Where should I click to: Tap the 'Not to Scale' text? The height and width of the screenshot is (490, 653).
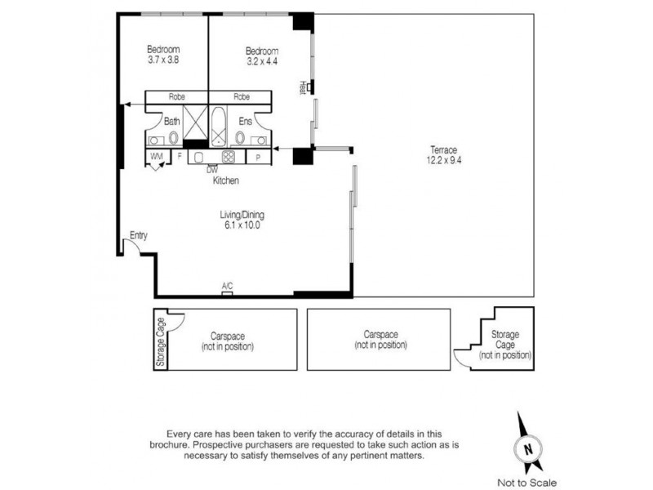(528, 483)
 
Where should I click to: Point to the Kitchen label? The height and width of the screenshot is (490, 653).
(226, 180)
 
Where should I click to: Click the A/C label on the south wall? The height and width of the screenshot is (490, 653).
(227, 286)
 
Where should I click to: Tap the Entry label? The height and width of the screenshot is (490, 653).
(138, 236)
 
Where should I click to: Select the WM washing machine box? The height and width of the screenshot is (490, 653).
(157, 156)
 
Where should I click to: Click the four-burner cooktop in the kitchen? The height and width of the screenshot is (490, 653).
(229, 158)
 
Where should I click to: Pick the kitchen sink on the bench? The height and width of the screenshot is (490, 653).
(200, 157)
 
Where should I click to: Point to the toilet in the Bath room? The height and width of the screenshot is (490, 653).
(173, 138)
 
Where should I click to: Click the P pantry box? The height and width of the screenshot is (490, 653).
(257, 157)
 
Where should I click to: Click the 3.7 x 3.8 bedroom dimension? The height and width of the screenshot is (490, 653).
(163, 60)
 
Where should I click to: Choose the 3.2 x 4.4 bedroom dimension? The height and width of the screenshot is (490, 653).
(262, 60)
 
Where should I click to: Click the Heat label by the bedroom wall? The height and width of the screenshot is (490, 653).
(302, 87)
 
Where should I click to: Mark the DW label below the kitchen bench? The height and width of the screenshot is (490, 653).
(211, 170)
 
